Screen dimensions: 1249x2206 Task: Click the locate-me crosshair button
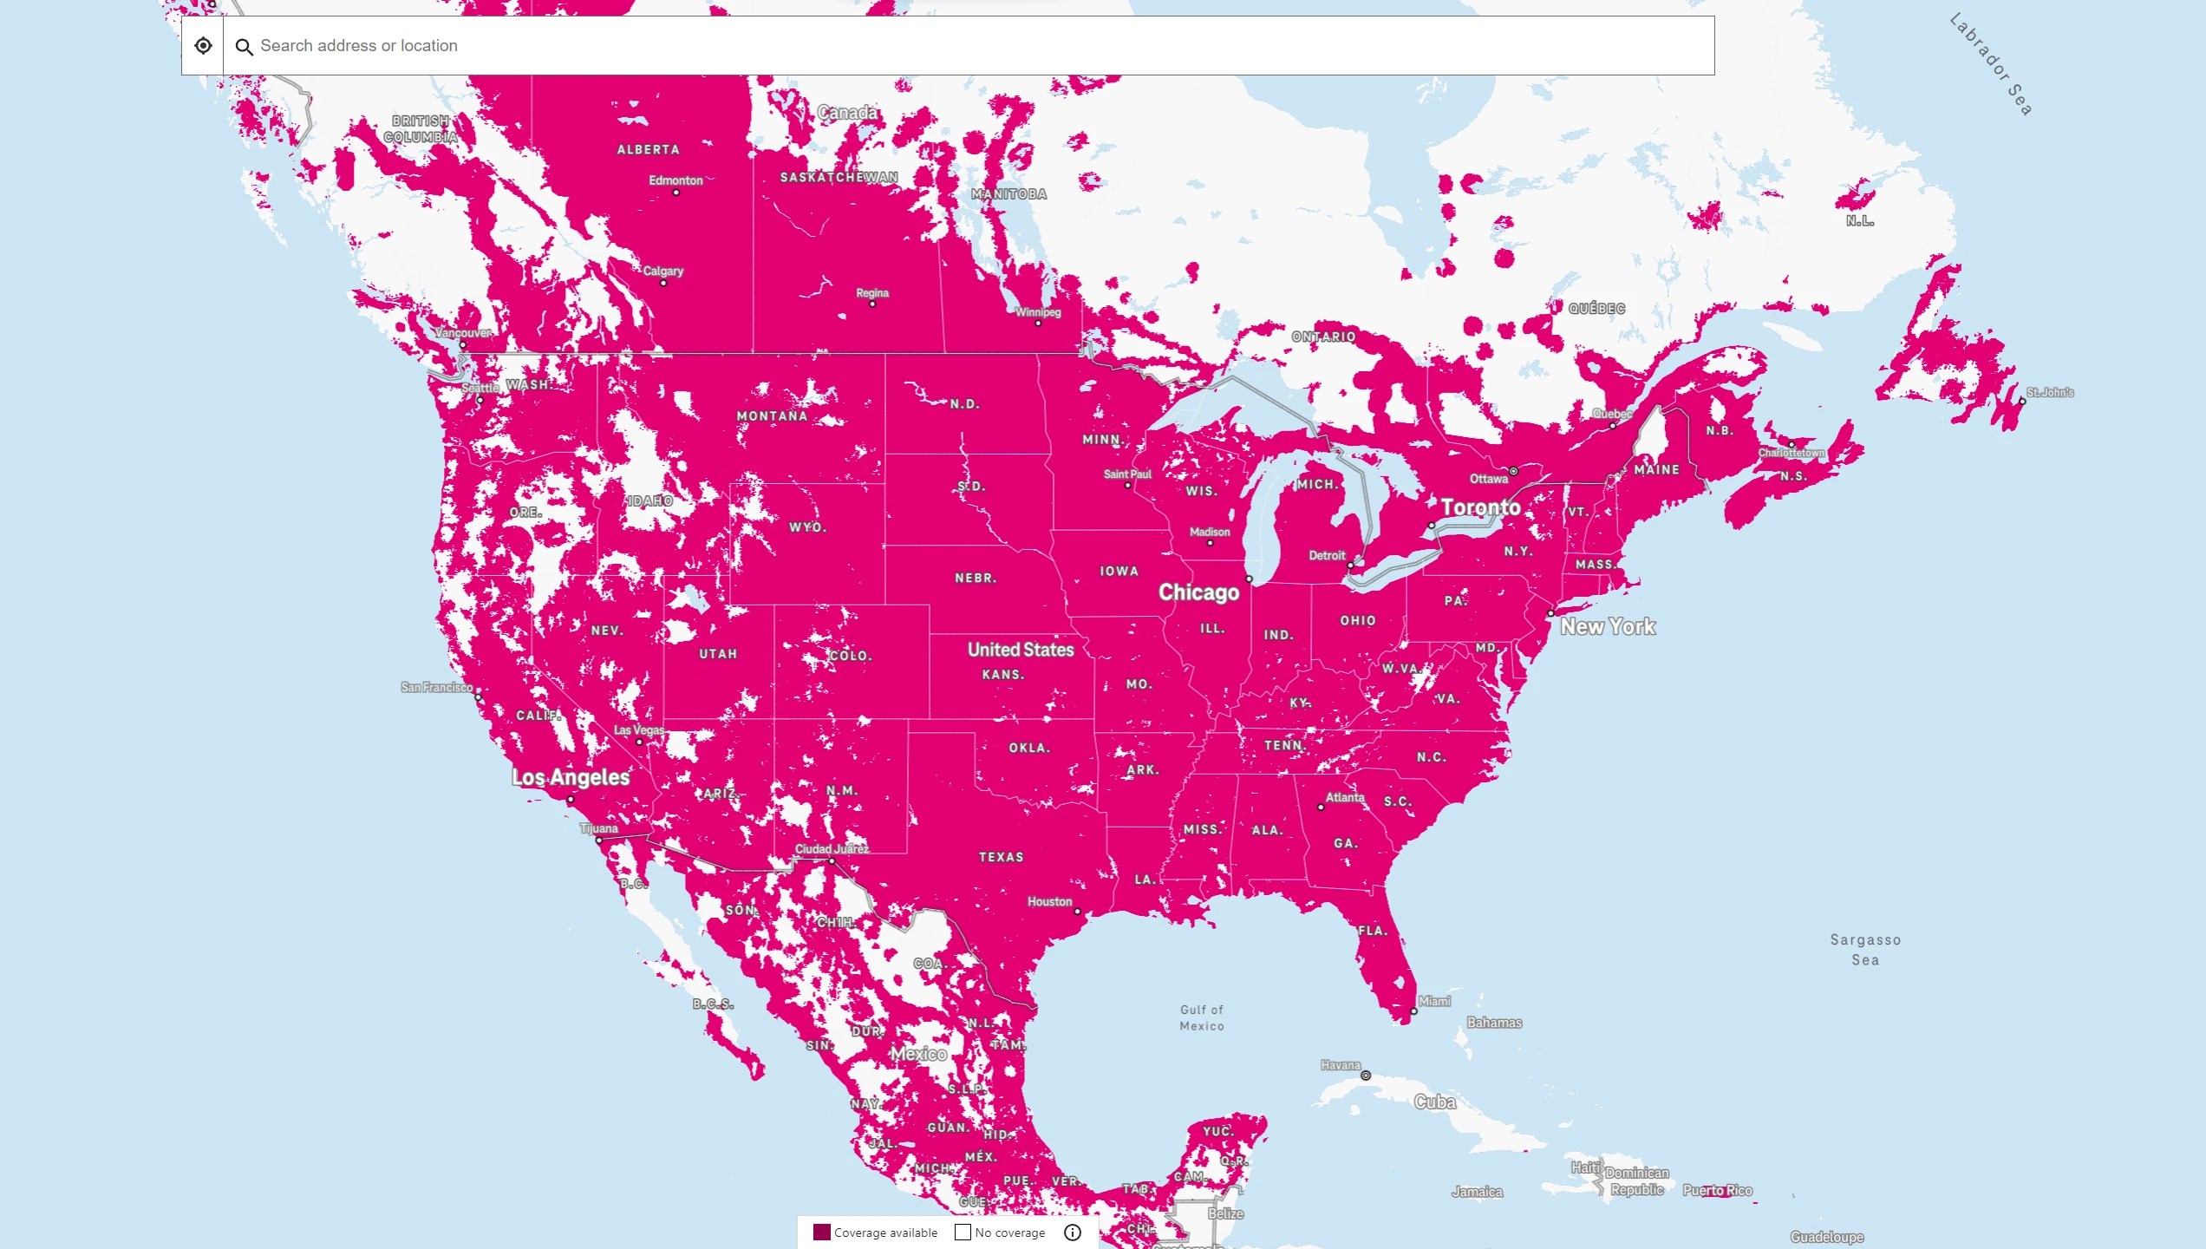tap(203, 46)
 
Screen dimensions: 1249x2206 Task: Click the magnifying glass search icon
tap(245, 47)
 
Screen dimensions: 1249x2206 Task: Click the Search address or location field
tap(954, 46)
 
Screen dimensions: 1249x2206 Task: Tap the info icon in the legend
tap(1073, 1233)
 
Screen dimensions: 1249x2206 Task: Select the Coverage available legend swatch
tap(821, 1233)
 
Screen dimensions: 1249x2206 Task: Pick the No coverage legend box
tap(963, 1233)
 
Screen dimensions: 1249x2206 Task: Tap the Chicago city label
tap(1199, 592)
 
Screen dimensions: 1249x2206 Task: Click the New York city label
tap(1608, 626)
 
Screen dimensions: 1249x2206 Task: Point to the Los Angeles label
tap(571, 777)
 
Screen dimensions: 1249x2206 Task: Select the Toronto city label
tap(1480, 507)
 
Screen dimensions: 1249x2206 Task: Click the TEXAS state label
tap(1002, 857)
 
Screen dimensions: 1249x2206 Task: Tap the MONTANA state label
tap(772, 416)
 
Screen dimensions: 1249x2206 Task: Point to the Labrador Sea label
tap(1991, 64)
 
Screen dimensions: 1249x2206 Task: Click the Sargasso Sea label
tap(1865, 950)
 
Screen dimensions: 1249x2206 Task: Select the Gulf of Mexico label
tap(1202, 1017)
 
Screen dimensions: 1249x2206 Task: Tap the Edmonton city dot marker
tap(676, 193)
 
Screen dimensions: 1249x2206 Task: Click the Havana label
tap(1341, 1065)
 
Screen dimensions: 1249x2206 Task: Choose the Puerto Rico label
tap(1717, 1191)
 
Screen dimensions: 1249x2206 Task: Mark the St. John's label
tap(2050, 393)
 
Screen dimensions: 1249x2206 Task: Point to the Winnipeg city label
tap(1038, 312)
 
